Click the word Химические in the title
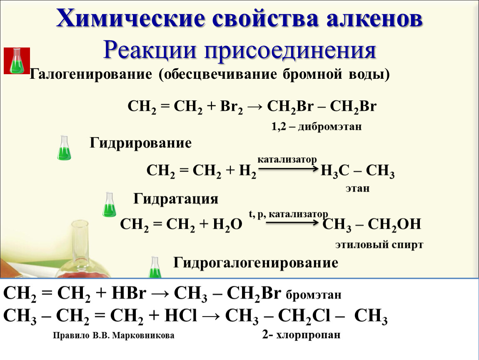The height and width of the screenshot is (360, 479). pos(130,19)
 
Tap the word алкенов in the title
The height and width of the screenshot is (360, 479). pos(374,19)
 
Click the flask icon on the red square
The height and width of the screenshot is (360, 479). pos(17,61)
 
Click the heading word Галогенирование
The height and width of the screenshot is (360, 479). pos(91,74)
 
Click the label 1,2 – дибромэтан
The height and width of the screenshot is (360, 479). pos(317,126)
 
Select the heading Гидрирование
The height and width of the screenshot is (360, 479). pos(140,143)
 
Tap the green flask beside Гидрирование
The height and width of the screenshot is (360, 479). pos(64,148)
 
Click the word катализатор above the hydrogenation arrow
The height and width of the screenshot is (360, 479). pos(287,160)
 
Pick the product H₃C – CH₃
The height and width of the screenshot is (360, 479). pos(357,171)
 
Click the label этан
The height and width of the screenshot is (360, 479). pos(357,188)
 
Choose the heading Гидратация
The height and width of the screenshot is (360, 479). pos(176,199)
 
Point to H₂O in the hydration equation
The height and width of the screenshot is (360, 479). pos(227,225)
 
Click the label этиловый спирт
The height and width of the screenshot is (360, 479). pos(379,245)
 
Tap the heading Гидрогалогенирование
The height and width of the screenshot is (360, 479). pos(256,263)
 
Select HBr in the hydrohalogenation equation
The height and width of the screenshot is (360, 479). pos(129,293)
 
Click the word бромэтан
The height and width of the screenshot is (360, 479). pos(313,295)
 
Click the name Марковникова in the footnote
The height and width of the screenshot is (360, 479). pos(143,335)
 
